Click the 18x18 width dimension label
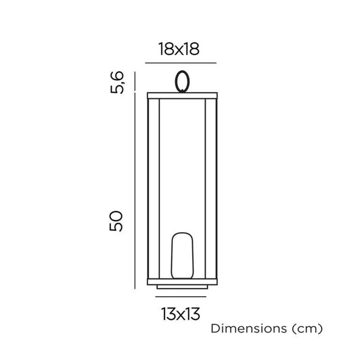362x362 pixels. pos(179,49)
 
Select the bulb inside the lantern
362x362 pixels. pos(182,256)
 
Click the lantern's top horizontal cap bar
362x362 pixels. pos(182,96)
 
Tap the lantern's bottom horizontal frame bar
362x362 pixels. pos(182,282)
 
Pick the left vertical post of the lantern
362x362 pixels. pos(153,188)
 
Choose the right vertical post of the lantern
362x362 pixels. pos(211,188)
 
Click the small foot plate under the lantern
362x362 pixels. pos(182,287)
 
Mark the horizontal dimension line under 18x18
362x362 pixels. pos(180,63)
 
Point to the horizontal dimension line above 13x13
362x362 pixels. pos(180,297)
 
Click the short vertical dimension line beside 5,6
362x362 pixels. pos(135,81)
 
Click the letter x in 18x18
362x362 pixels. pos(179,50)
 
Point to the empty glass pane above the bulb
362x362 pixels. pos(182,163)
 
